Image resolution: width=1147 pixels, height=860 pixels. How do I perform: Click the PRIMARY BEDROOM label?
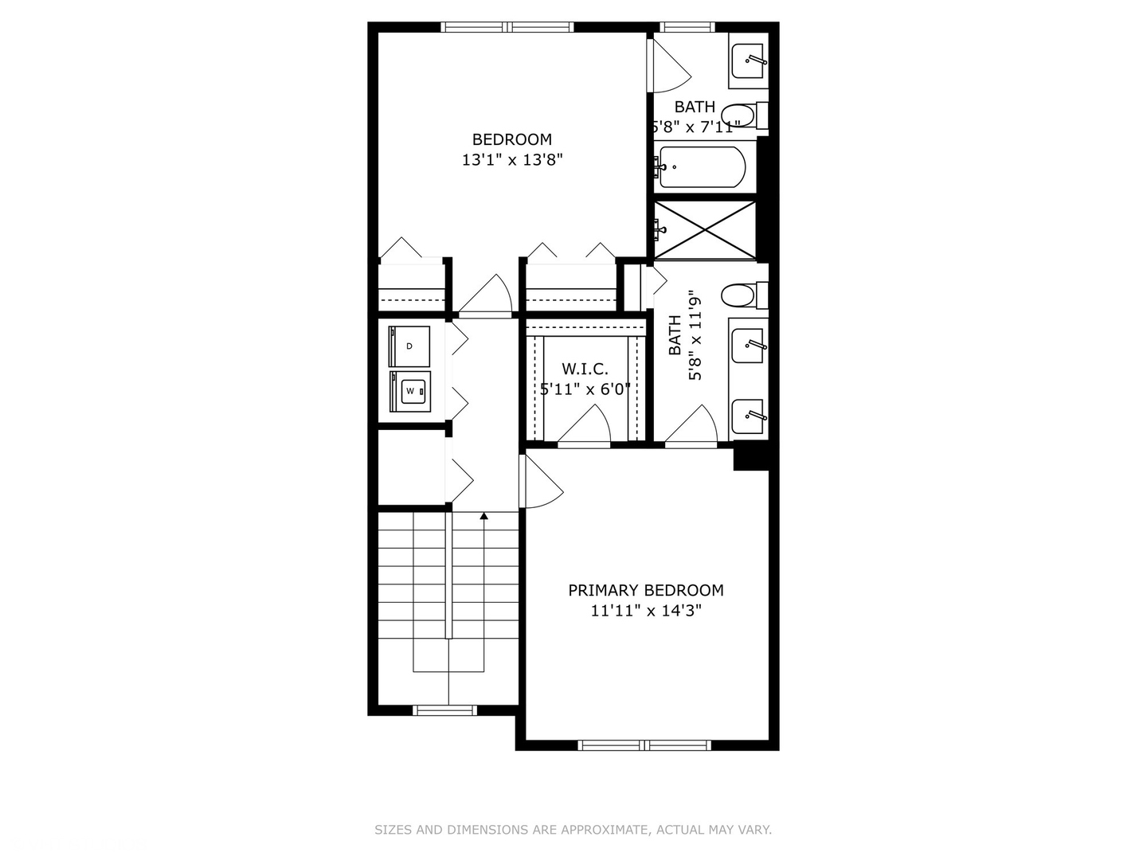(x=645, y=590)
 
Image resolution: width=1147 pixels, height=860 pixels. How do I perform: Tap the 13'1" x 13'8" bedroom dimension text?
(x=512, y=159)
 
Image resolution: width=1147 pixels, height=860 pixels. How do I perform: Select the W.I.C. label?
(x=585, y=369)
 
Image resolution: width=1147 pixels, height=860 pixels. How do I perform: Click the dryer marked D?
(x=409, y=346)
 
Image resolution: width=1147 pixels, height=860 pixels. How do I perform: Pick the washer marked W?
(x=410, y=391)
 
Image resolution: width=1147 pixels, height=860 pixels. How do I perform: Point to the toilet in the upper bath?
(x=742, y=115)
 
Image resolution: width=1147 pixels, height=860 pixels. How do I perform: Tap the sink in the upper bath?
(x=749, y=61)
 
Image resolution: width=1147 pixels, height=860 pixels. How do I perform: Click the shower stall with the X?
(x=705, y=230)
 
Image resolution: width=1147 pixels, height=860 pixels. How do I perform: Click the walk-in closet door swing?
(x=586, y=424)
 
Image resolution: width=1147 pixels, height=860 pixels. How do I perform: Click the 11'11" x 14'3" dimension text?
(x=645, y=611)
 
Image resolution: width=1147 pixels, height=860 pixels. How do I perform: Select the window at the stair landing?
(x=445, y=709)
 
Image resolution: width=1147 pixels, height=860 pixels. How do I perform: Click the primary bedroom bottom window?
(x=644, y=745)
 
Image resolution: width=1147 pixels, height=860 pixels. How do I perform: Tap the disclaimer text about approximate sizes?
(x=573, y=830)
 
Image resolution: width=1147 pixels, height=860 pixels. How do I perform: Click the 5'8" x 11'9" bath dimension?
(x=696, y=334)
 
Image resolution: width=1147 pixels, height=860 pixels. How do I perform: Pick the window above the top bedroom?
(x=507, y=27)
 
